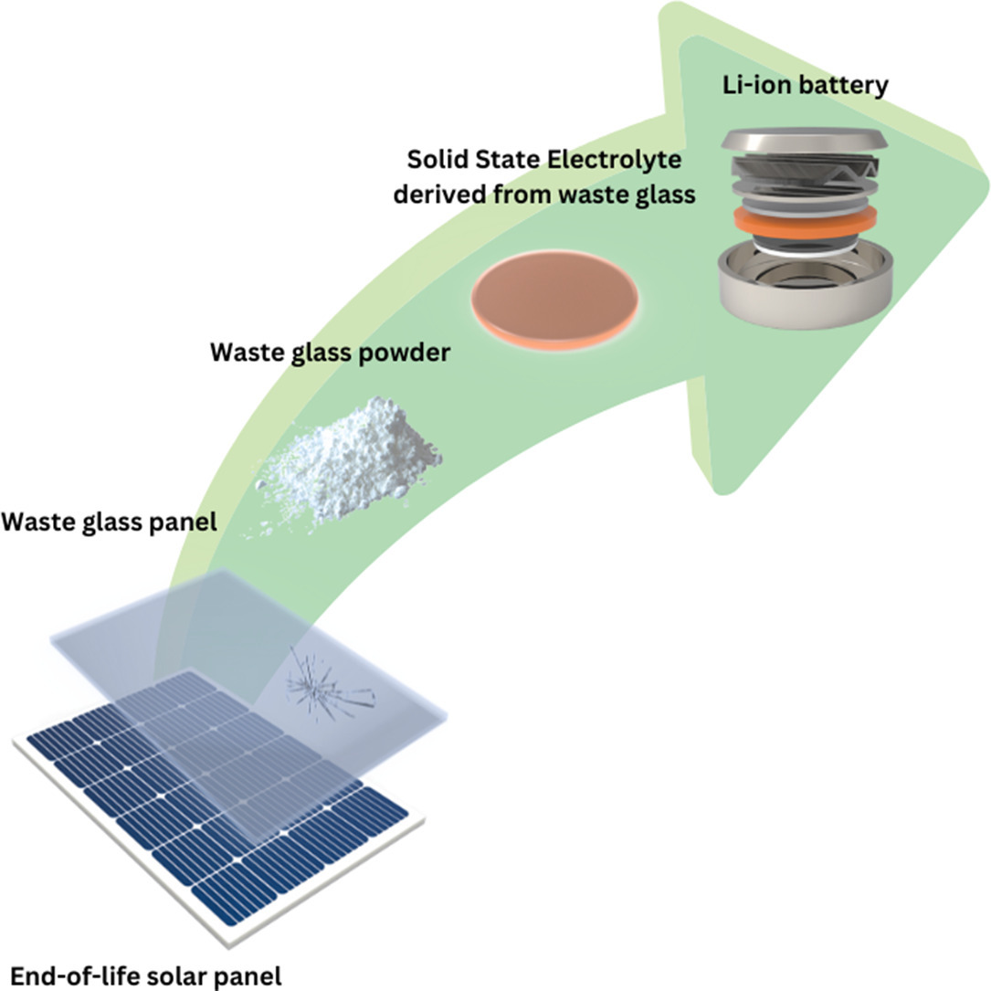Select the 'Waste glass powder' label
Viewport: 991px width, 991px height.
point(330,353)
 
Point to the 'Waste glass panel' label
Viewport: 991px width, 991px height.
point(109,522)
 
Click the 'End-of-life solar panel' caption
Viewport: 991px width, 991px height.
point(146,974)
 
